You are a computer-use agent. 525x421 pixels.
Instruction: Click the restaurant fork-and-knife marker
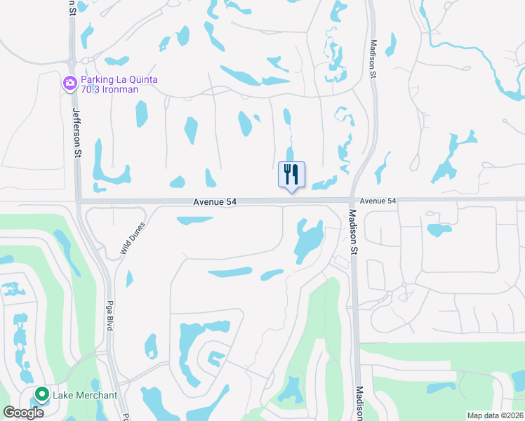[292, 175]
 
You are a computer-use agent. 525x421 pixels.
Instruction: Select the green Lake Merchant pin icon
[41, 395]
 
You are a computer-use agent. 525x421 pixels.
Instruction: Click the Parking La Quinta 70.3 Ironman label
[118, 84]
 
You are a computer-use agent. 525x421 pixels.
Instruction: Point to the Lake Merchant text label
[85, 395]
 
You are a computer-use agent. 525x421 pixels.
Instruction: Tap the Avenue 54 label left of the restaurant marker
[215, 201]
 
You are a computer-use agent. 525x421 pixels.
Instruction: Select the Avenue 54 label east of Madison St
[378, 201]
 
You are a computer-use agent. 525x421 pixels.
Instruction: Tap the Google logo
[23, 412]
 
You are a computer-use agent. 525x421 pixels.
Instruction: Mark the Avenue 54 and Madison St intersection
[351, 201]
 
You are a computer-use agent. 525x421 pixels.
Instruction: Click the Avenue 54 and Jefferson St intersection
[79, 201]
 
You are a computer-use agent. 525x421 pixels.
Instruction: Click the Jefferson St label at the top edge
[72, 7]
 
